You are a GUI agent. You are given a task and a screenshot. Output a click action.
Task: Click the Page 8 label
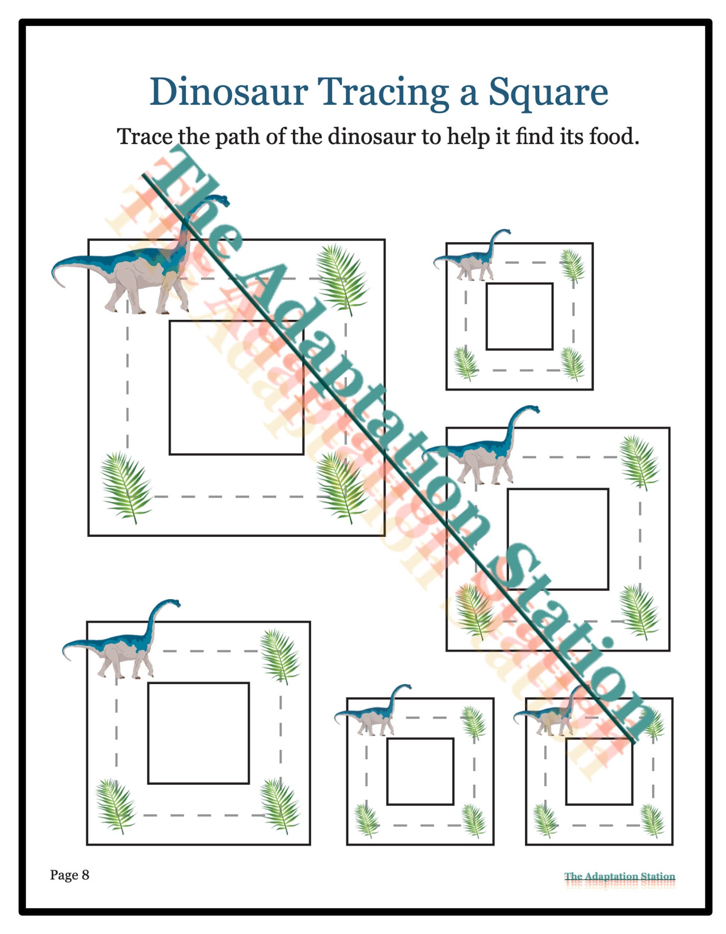point(70,875)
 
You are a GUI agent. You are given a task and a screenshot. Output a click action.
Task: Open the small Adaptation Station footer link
point(620,877)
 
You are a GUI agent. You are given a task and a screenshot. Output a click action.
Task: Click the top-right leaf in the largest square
point(342,279)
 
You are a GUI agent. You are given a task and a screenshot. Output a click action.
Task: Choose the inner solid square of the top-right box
point(519,317)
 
